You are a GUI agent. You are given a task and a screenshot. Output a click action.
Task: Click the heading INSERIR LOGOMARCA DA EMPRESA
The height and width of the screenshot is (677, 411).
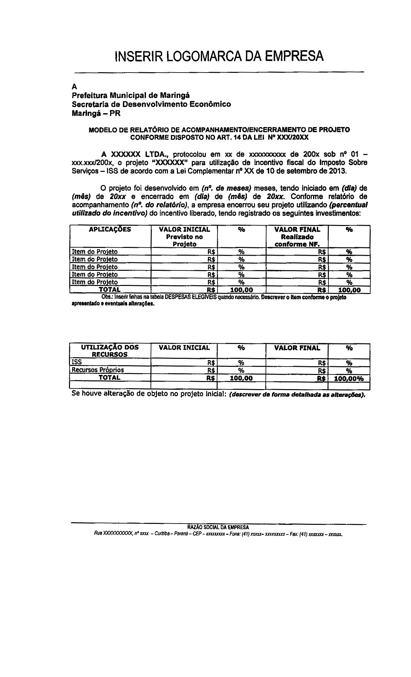(219, 55)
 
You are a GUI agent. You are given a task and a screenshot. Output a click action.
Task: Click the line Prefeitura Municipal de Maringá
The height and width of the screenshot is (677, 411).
(131, 95)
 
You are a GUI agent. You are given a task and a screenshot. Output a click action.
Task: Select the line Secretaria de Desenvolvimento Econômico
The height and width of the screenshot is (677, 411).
(151, 104)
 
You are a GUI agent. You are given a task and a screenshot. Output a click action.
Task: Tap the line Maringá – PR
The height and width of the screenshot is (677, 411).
(96, 113)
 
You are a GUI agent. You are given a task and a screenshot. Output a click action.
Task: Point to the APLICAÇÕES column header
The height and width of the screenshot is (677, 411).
(110, 229)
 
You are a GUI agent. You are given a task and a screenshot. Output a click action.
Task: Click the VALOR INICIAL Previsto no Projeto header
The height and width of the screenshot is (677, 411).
(184, 237)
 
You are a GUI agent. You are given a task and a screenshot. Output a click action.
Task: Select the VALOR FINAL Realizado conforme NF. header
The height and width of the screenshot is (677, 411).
(297, 237)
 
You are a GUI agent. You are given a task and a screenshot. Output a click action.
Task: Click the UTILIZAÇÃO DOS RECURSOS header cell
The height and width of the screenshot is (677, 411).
(110, 351)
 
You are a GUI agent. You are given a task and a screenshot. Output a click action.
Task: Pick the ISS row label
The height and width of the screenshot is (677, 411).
(77, 362)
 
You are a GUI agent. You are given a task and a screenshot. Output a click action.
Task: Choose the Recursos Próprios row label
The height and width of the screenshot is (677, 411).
(98, 370)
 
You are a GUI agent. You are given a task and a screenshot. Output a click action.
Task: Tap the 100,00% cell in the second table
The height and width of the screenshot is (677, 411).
(349, 378)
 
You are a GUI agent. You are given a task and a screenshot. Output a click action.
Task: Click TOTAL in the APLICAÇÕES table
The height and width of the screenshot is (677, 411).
(110, 290)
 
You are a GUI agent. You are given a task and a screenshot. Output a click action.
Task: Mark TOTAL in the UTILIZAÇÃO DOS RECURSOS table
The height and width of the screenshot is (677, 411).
(110, 378)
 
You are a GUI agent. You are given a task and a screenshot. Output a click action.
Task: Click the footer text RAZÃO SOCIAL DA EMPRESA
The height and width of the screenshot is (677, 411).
(218, 527)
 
